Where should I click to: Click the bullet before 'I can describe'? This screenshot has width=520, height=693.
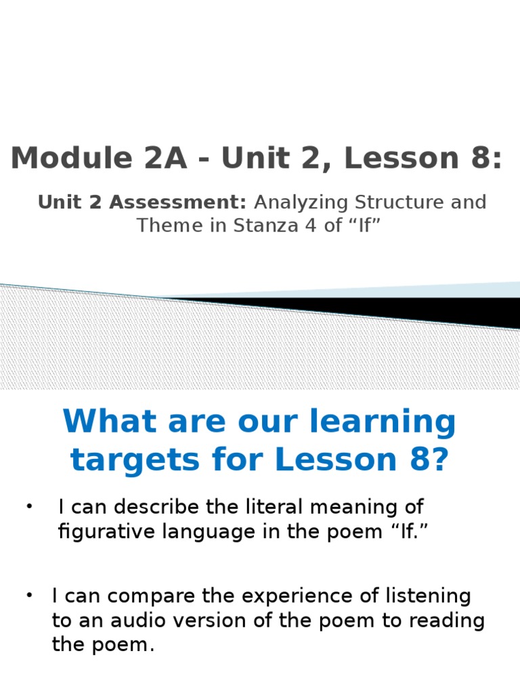point(30,507)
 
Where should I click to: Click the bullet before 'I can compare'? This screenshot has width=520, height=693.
point(30,596)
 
